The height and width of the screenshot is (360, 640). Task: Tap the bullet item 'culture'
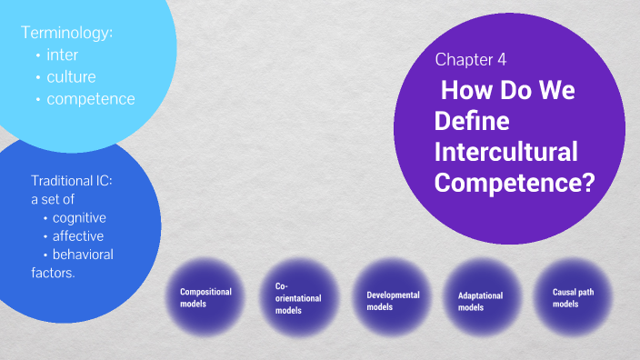(x=71, y=77)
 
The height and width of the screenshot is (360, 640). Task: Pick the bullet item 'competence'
(x=90, y=98)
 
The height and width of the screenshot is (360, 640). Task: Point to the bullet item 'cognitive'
(x=79, y=217)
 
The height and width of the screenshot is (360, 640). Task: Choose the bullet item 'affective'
(x=77, y=235)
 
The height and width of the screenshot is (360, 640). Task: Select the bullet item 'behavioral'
(x=83, y=254)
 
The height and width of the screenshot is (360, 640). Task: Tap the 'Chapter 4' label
(x=470, y=60)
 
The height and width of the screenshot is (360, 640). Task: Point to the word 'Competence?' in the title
(x=514, y=182)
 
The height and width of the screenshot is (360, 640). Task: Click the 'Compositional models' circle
(x=206, y=297)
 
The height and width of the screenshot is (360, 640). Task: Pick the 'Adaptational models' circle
(x=481, y=301)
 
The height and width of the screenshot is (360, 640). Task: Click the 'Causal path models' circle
(x=571, y=297)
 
